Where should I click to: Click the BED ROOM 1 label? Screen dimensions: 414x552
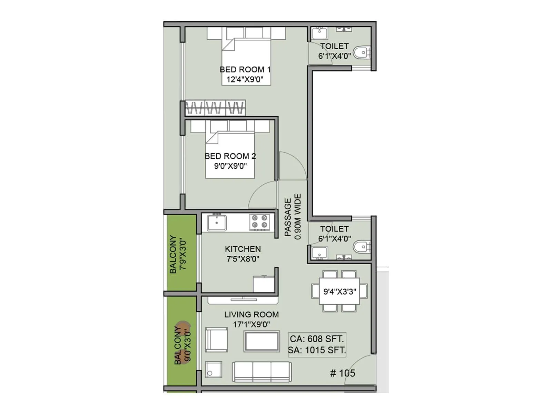(x=245, y=69)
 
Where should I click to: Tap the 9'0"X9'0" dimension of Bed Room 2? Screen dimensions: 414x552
(x=230, y=166)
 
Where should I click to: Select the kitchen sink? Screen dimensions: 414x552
(x=217, y=223)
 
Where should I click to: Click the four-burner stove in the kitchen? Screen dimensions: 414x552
(x=260, y=222)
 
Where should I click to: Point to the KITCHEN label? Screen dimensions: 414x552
(x=243, y=249)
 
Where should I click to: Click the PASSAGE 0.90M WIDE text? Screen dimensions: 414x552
(x=293, y=217)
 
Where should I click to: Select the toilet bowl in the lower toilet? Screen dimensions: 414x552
(x=362, y=246)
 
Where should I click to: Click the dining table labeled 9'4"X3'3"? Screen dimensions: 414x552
(x=339, y=292)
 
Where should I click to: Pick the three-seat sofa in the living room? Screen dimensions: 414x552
(x=262, y=372)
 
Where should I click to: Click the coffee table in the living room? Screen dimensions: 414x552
(x=262, y=341)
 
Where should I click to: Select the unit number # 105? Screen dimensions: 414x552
(x=343, y=373)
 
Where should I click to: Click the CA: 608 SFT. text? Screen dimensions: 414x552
(x=317, y=339)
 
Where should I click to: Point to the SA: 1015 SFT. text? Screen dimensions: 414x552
(x=317, y=350)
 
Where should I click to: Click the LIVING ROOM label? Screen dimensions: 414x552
(x=252, y=315)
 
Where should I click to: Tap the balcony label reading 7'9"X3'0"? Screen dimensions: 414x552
(x=183, y=254)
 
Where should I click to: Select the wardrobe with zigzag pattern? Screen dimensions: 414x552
(x=216, y=108)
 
